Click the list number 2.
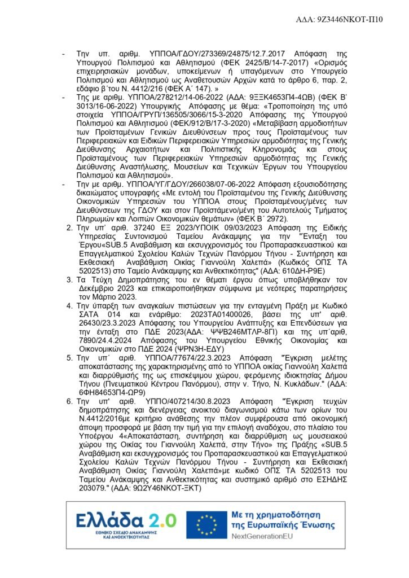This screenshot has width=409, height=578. point(69,227)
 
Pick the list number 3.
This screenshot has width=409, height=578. point(69,279)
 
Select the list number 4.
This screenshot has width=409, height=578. point(69,304)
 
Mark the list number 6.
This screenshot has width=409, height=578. point(69,401)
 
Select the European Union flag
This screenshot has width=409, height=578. point(206,523)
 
